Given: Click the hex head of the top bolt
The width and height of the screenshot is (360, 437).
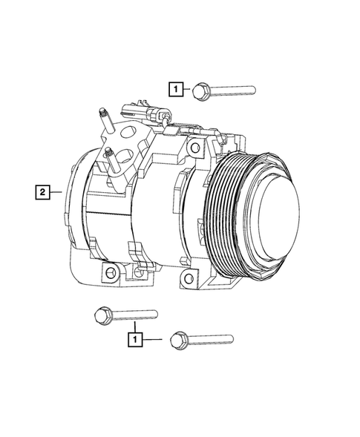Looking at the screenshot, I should [199, 91].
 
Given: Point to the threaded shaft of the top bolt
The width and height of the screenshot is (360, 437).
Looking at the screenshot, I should [233, 91].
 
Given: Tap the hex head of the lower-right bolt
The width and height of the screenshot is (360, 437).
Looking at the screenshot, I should [177, 340].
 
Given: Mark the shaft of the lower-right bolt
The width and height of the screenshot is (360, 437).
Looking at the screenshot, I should [211, 340].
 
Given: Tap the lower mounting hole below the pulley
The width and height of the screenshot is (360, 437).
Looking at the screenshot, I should [189, 280].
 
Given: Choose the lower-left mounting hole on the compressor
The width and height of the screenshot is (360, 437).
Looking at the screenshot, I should [111, 274].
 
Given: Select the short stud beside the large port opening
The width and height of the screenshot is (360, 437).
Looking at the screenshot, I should [111, 157].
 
